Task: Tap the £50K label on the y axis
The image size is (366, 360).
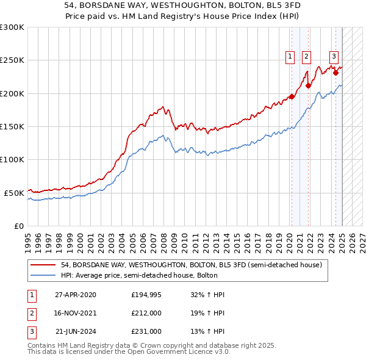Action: [14, 193]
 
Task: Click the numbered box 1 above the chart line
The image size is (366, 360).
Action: [289, 57]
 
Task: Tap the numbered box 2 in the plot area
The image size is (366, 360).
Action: [306, 57]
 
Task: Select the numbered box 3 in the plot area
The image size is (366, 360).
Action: [334, 57]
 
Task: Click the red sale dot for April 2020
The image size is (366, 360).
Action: [292, 96]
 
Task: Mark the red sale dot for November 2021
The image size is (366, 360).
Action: [308, 85]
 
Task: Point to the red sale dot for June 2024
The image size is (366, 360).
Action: [335, 73]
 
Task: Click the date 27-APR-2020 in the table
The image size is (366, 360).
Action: [76, 295]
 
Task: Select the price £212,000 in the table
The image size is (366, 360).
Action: [146, 313]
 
